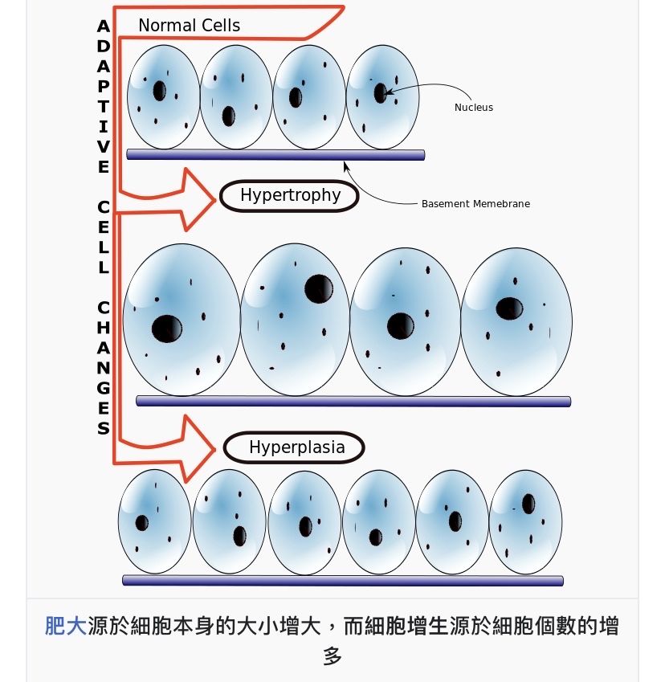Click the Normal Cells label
click(x=189, y=26)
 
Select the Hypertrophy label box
click(x=290, y=195)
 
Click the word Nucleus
click(x=474, y=108)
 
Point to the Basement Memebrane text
click(x=475, y=204)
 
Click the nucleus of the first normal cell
click(x=159, y=90)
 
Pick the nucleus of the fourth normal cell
click(x=381, y=92)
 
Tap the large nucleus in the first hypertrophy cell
click(x=167, y=329)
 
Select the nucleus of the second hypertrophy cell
click(x=319, y=289)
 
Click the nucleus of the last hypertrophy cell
click(x=509, y=308)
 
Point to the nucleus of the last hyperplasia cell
click(x=528, y=504)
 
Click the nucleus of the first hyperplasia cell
click(x=142, y=523)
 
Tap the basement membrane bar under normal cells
click(x=275, y=155)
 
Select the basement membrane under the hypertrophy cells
click(x=353, y=401)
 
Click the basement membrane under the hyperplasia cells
click(x=343, y=581)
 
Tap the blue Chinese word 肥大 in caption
click(x=65, y=626)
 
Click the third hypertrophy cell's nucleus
click(x=400, y=325)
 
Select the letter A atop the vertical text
click(x=103, y=26)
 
